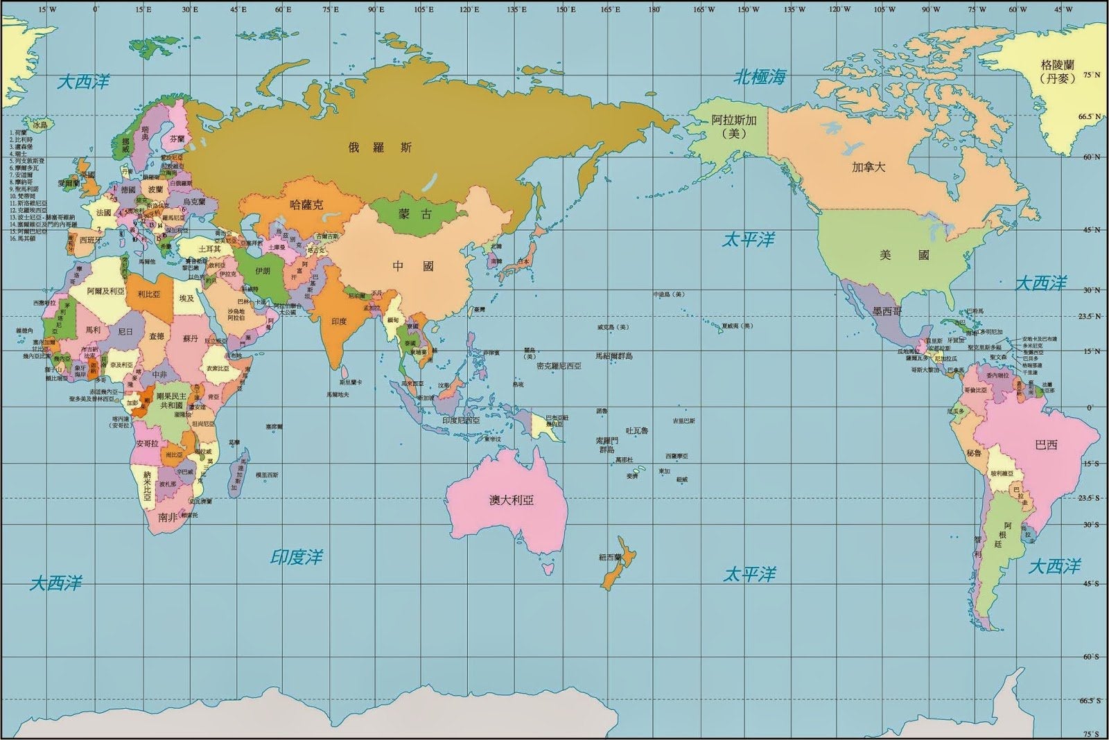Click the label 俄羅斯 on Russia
pyautogui.click(x=381, y=147)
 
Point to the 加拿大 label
pyautogui.click(x=868, y=167)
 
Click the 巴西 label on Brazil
pyautogui.click(x=1046, y=444)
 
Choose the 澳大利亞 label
pyautogui.click(x=512, y=500)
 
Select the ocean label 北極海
pyautogui.click(x=760, y=78)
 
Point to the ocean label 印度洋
pyautogui.click(x=297, y=556)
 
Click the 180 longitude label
pyautogui.click(x=654, y=9)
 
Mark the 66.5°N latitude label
pyautogui.click(x=1090, y=117)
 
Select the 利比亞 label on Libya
pyautogui.click(x=149, y=294)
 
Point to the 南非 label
pyautogui.click(x=168, y=517)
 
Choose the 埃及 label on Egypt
pyautogui.click(x=187, y=298)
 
